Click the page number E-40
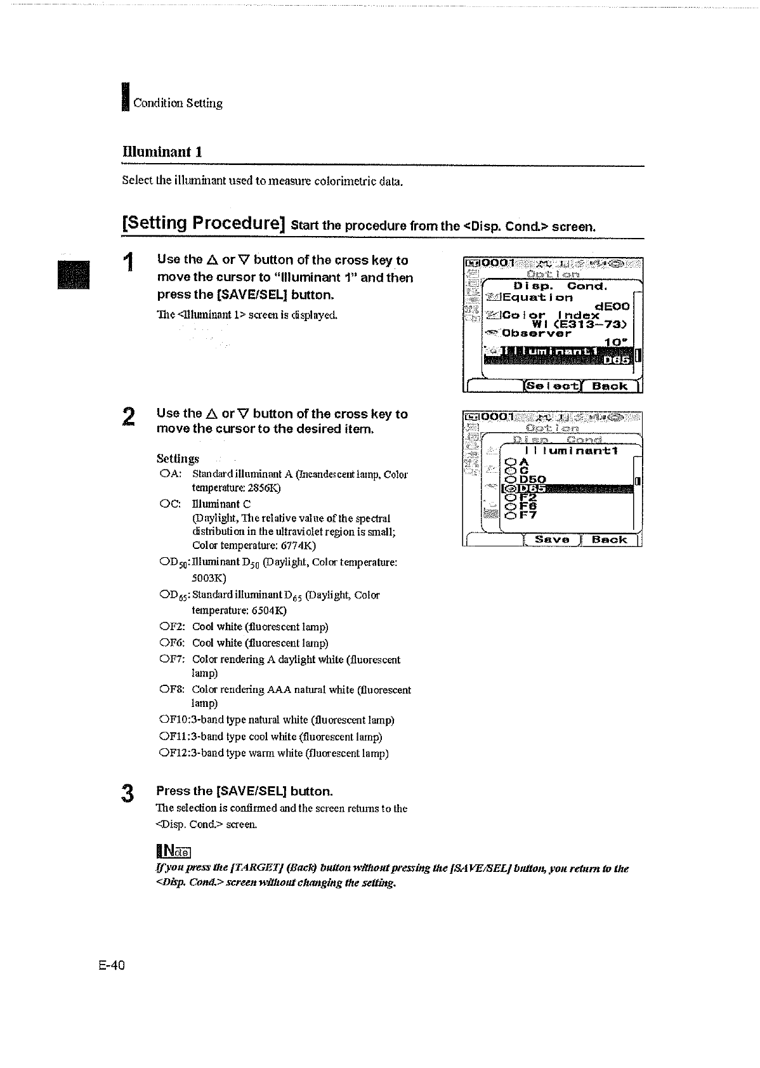tap(112, 965)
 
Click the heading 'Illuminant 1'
tap(162, 152)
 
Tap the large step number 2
tap(128, 418)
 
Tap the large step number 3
tap(128, 794)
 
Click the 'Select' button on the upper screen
tap(551, 386)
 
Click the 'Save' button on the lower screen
tap(552, 540)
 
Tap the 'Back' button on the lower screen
tap(609, 540)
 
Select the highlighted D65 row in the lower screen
tap(568, 488)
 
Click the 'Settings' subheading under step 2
tap(178, 458)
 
